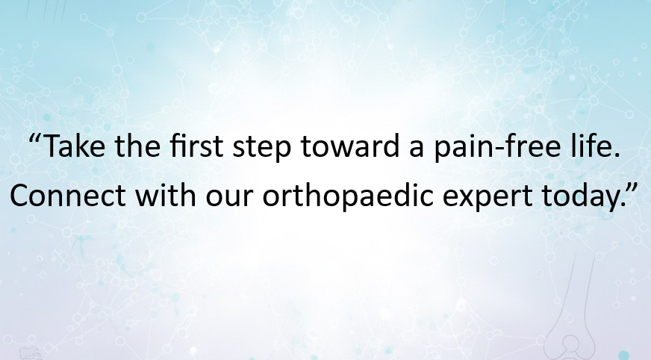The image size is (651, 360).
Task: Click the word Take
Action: [x=74, y=146]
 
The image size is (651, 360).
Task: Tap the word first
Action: [x=197, y=146]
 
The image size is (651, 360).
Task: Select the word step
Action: [x=262, y=149]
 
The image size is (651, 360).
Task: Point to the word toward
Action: [x=350, y=146]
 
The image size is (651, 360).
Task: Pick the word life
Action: [x=595, y=146]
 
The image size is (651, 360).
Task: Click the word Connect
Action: [x=68, y=195]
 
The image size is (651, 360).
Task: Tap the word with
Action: [x=166, y=194]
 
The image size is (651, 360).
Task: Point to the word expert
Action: [x=487, y=198]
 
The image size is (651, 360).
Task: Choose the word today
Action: [x=582, y=197]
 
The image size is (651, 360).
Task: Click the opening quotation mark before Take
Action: [x=36, y=139]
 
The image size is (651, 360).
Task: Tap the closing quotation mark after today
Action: [x=630, y=187]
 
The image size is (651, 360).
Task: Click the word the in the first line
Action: [x=138, y=146]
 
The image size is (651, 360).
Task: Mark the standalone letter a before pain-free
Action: [x=417, y=149]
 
